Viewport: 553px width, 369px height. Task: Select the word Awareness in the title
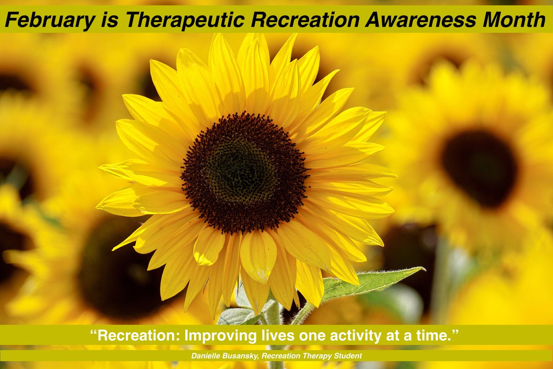click(x=412, y=20)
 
